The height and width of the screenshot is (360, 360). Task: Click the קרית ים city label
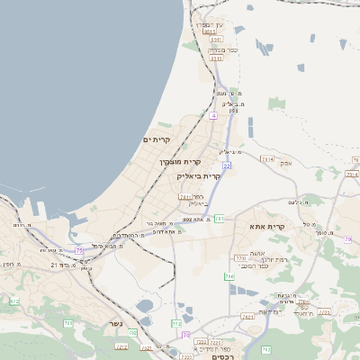click(157, 139)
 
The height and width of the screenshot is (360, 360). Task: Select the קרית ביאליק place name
click(198, 176)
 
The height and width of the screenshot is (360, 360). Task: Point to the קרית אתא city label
click(267, 226)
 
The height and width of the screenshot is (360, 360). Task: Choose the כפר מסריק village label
click(222, 49)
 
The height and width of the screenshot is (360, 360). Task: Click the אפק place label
click(287, 163)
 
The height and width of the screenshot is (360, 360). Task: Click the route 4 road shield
click(213, 116)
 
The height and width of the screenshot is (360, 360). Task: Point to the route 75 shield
click(79, 249)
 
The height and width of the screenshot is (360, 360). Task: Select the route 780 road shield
click(229, 276)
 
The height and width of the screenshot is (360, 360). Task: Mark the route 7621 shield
click(247, 316)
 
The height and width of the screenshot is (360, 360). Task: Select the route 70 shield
click(185, 334)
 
